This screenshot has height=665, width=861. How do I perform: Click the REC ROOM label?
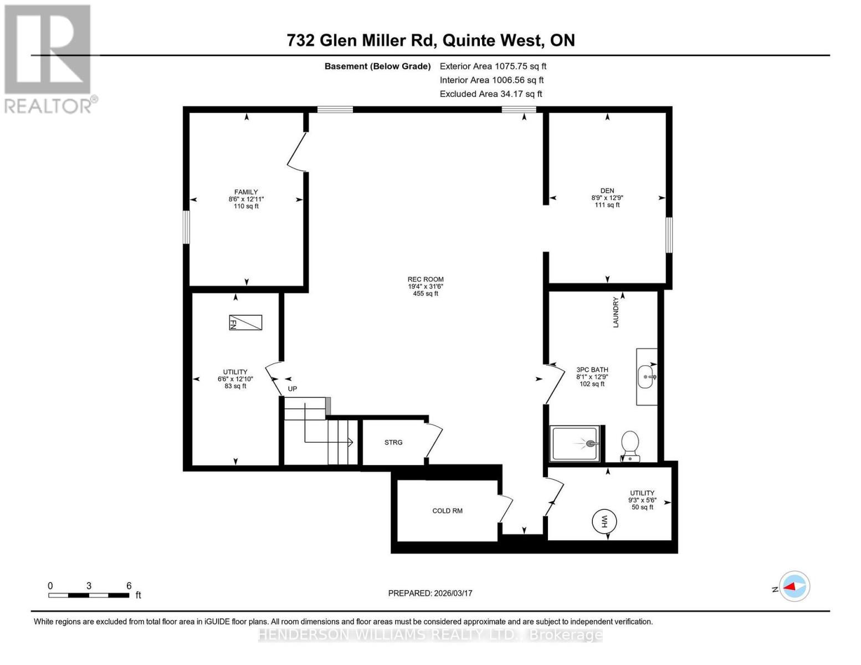(x=426, y=280)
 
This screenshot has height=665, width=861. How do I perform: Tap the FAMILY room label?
(x=246, y=192)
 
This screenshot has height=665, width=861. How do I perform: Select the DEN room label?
(x=607, y=191)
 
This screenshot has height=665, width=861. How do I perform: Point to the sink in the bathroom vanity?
(x=646, y=377)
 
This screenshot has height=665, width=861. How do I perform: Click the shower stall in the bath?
(x=575, y=443)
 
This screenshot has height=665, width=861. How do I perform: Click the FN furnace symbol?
(x=245, y=323)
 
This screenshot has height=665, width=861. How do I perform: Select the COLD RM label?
(x=447, y=511)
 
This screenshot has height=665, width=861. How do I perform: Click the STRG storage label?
(x=393, y=442)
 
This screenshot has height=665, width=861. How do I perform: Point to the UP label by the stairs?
(x=293, y=388)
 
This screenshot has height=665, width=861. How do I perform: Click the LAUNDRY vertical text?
(x=616, y=312)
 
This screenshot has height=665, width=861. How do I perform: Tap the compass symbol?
(x=795, y=586)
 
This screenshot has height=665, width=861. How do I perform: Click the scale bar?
(x=89, y=595)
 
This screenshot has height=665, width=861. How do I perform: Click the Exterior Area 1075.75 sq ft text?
(x=493, y=66)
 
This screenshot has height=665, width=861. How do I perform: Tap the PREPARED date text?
(x=430, y=593)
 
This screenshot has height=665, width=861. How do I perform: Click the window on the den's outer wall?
(x=669, y=234)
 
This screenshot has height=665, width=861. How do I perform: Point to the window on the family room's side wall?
(x=187, y=227)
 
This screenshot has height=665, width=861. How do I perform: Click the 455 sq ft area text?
(x=426, y=294)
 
